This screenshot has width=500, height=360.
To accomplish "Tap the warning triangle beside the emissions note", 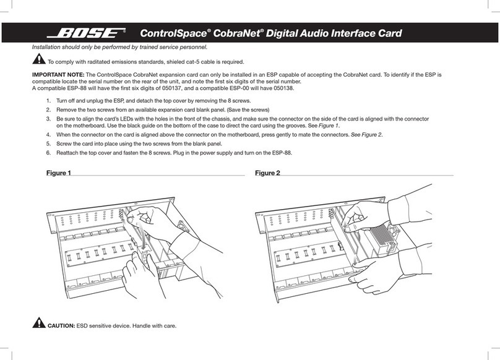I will pos(38,60).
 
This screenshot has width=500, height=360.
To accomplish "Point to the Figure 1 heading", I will pos(59,173).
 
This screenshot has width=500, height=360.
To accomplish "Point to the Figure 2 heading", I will pos(267,173).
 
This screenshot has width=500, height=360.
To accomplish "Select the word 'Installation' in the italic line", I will pos(47,46).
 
